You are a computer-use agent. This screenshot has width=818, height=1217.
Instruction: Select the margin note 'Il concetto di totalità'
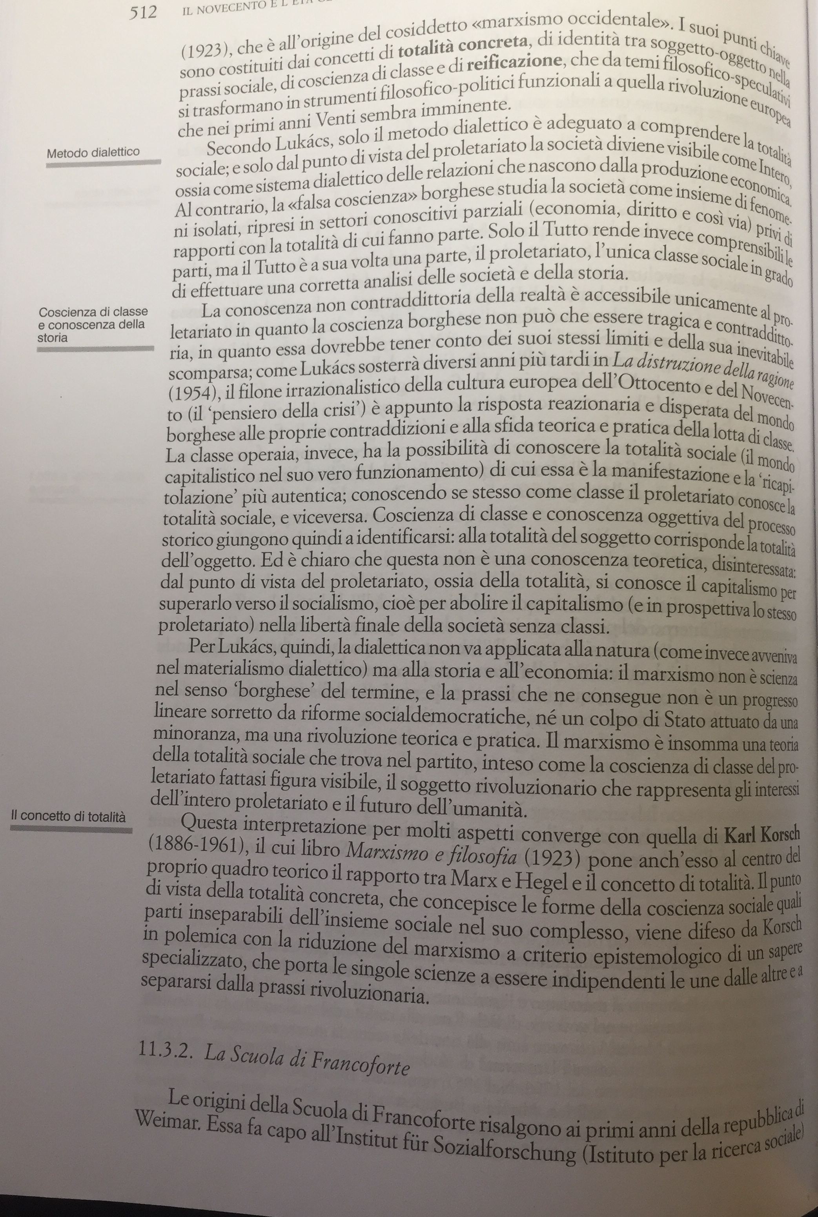pos(68,817)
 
